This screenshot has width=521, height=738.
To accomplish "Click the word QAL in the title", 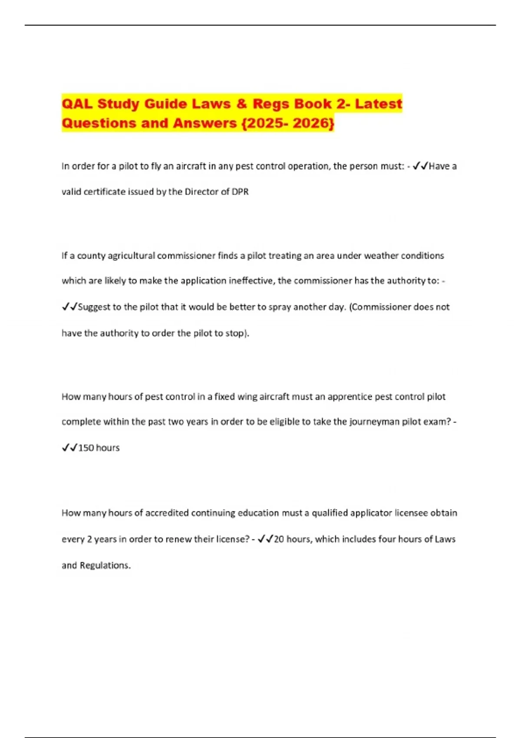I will click(x=77, y=104).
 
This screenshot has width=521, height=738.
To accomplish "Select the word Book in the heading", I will click(x=312, y=104).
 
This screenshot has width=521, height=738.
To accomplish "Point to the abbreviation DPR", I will click(x=240, y=192).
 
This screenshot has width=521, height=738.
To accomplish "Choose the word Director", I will click(x=200, y=192).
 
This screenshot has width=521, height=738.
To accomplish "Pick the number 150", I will click(x=86, y=448).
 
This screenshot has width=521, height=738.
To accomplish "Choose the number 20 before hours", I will click(x=279, y=539).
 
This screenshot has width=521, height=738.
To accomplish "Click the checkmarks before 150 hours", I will click(x=69, y=448).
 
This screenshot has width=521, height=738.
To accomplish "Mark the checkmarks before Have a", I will click(x=420, y=166).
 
